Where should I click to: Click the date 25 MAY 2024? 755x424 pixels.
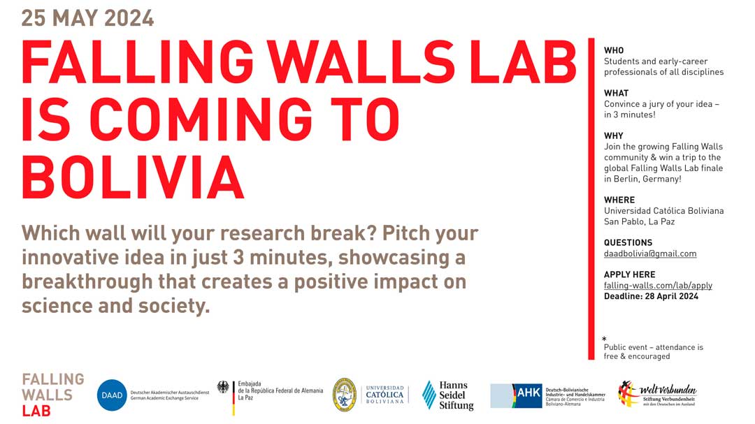(x=87, y=17)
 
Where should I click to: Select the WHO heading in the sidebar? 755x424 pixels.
(x=614, y=50)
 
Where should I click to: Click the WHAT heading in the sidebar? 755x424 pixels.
(x=616, y=93)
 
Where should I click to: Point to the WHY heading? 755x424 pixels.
(x=614, y=136)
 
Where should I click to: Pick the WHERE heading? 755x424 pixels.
(x=619, y=200)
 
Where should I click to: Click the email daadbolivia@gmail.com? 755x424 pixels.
(x=650, y=254)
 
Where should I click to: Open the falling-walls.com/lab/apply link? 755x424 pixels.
(x=658, y=285)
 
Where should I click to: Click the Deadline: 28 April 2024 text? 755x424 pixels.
(x=651, y=296)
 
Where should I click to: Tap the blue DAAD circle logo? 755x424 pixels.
(x=112, y=395)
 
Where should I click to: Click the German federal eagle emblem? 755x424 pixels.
(x=223, y=387)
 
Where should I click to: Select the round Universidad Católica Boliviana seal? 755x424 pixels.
(x=344, y=395)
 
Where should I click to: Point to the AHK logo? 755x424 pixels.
(x=528, y=394)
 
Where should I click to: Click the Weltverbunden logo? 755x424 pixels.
(x=657, y=395)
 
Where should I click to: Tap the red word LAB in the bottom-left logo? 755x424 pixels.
(x=36, y=410)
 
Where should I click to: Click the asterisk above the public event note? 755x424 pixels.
(x=604, y=339)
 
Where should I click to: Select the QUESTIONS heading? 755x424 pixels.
(x=628, y=242)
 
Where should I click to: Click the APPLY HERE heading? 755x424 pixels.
(x=629, y=275)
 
